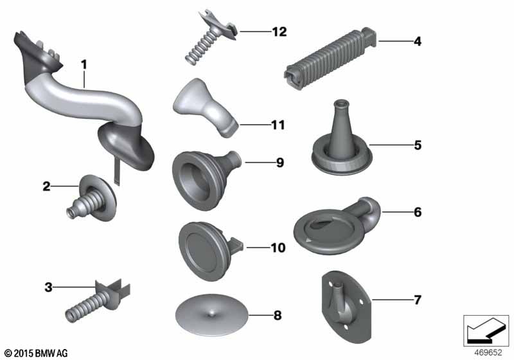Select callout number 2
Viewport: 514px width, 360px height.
coord(46,186)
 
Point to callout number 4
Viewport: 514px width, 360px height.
coord(418,42)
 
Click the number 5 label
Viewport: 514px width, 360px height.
coord(418,145)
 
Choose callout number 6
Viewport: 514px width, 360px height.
coord(418,211)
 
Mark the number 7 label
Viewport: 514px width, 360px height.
coord(418,299)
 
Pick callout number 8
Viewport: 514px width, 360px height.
coord(278,316)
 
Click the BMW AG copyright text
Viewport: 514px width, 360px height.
coord(36,353)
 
